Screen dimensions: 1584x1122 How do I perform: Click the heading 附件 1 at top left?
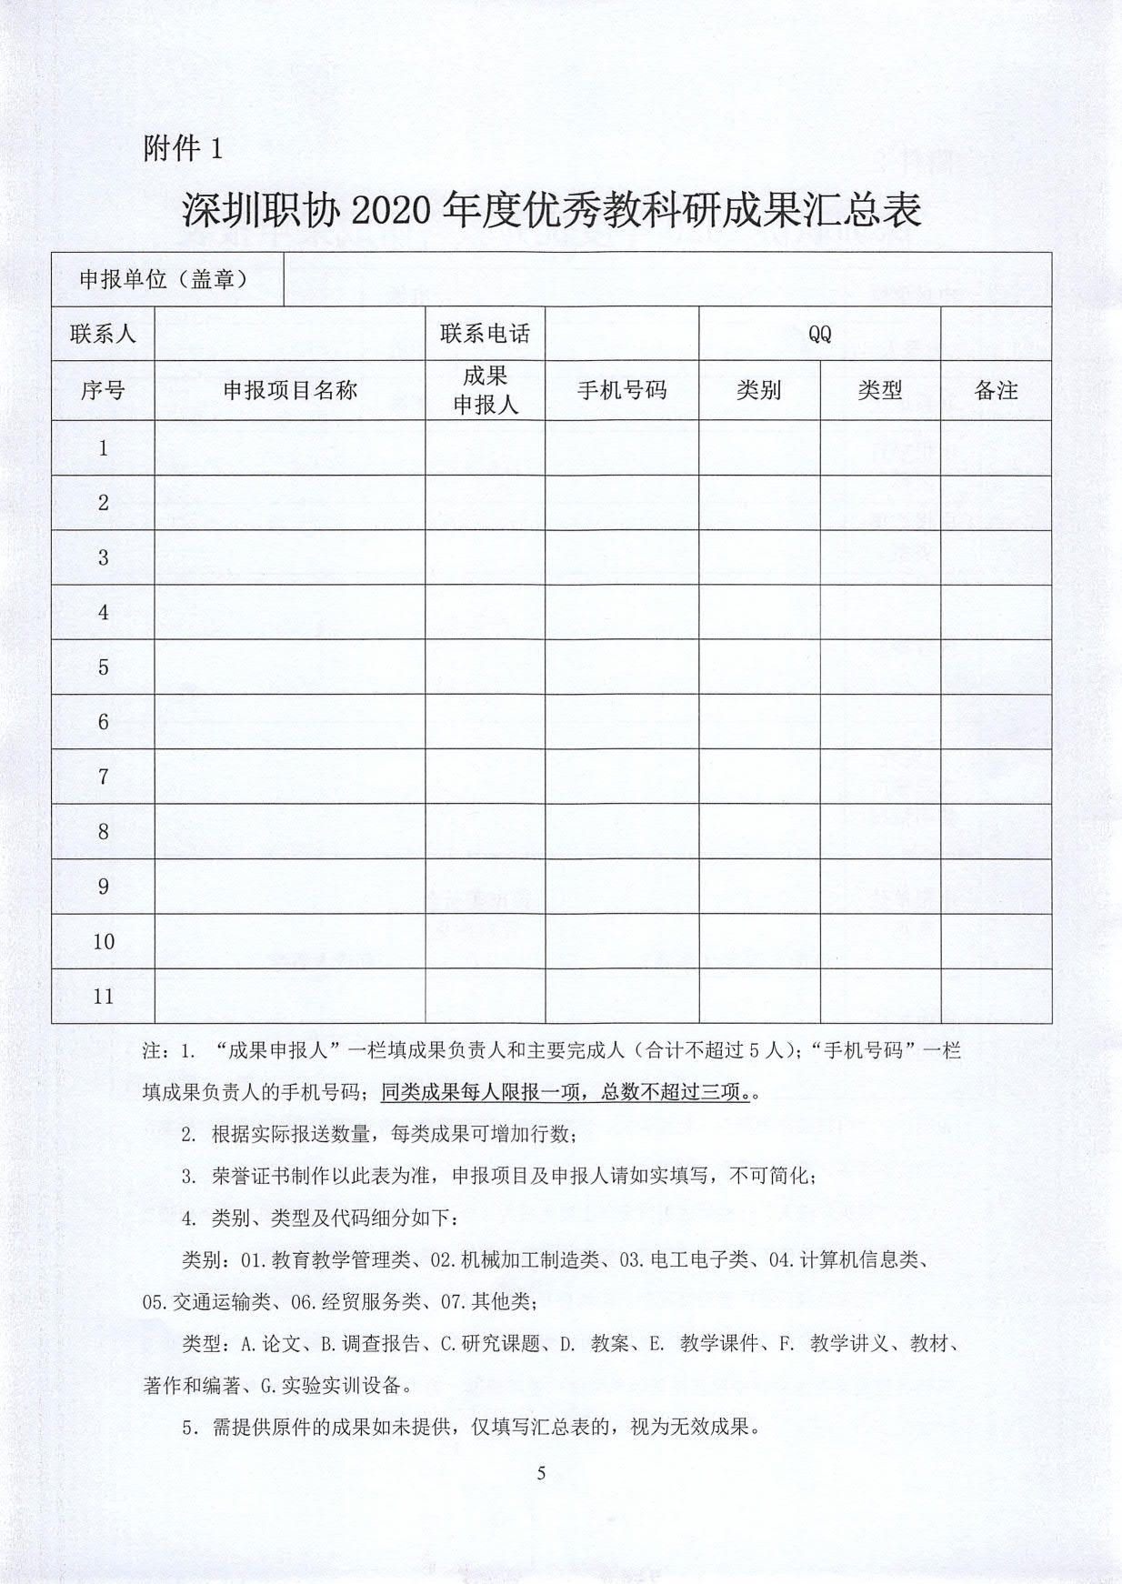pos(183,148)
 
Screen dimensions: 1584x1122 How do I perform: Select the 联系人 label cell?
pos(103,334)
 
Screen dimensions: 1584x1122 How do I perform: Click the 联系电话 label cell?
pos(485,334)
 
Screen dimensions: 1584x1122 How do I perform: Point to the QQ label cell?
pos(819,334)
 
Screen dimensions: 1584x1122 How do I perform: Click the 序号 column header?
pos(103,391)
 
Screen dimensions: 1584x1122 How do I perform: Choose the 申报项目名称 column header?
pos(290,391)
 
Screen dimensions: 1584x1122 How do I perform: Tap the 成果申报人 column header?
pos(485,391)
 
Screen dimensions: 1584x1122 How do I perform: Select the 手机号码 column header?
pos(622,391)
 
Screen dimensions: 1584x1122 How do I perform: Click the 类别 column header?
pos(759,391)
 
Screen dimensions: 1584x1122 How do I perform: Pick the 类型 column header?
pos(880,391)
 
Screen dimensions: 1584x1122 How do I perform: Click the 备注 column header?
pos(996,391)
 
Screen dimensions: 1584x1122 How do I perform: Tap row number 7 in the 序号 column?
pos(103,777)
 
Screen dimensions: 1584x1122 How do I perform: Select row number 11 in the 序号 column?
pos(103,996)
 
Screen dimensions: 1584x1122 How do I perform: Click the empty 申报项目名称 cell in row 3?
pos(290,557)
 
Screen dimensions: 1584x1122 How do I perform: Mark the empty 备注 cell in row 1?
pos(996,447)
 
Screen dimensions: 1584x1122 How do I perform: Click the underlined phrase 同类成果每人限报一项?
pos(480,1091)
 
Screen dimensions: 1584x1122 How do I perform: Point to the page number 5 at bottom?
pos(542,1474)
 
